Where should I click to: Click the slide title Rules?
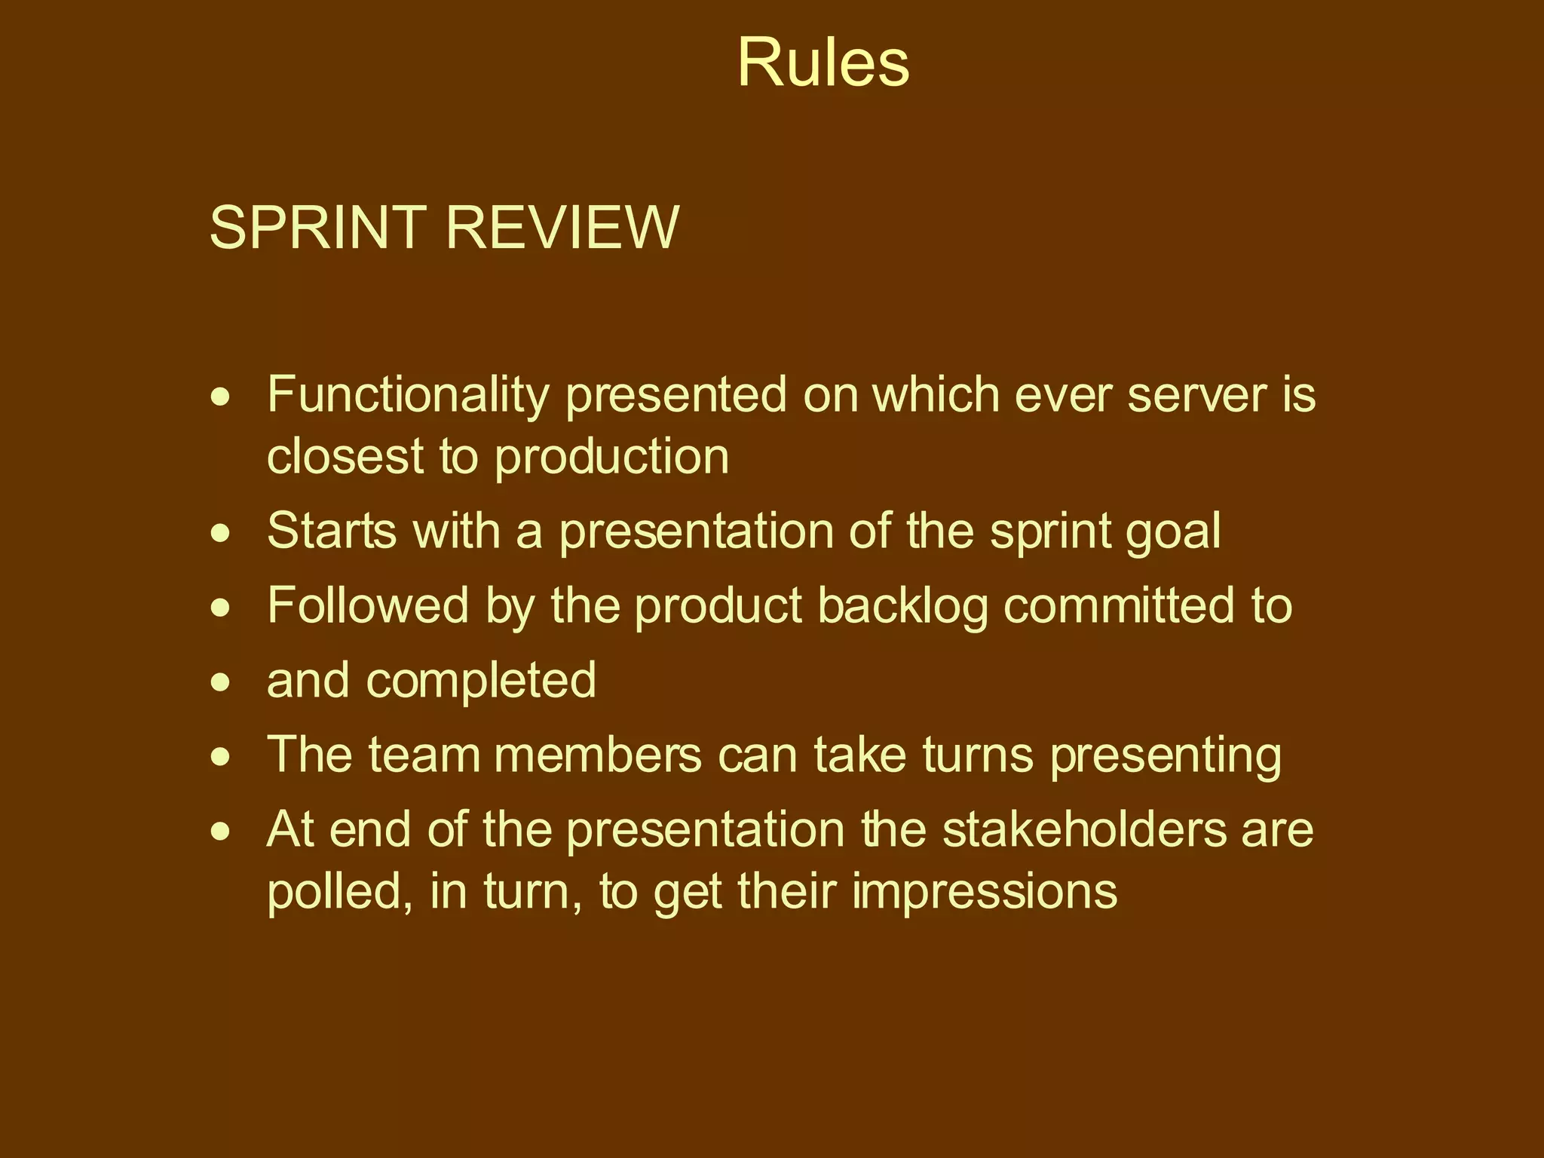click(823, 63)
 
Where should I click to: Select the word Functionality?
click(408, 396)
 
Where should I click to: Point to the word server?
click(1190, 396)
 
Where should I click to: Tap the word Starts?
click(331, 531)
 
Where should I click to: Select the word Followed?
click(367, 605)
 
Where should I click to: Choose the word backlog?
click(902, 607)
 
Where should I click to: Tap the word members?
click(597, 755)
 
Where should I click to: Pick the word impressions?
click(985, 892)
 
